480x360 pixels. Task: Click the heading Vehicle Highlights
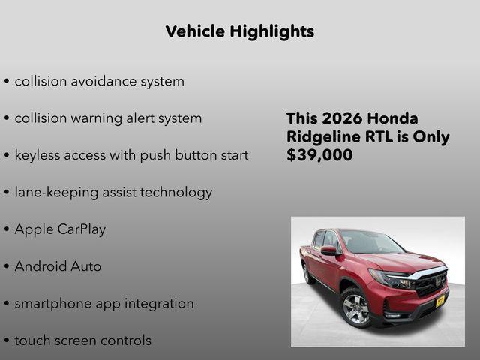tap(239, 31)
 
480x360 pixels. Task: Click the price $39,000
tap(319, 155)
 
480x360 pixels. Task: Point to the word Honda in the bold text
tap(393, 118)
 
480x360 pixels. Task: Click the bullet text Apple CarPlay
tap(60, 229)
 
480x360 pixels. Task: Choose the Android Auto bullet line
tap(58, 266)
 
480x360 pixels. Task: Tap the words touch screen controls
tap(82, 340)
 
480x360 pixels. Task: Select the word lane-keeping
tap(58, 193)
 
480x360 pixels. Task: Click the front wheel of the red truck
tap(355, 308)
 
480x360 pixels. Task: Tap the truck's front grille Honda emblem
tap(439, 281)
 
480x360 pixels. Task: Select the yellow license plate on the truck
tap(440, 301)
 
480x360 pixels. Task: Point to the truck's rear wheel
tap(307, 274)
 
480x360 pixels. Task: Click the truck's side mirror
tap(328, 250)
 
